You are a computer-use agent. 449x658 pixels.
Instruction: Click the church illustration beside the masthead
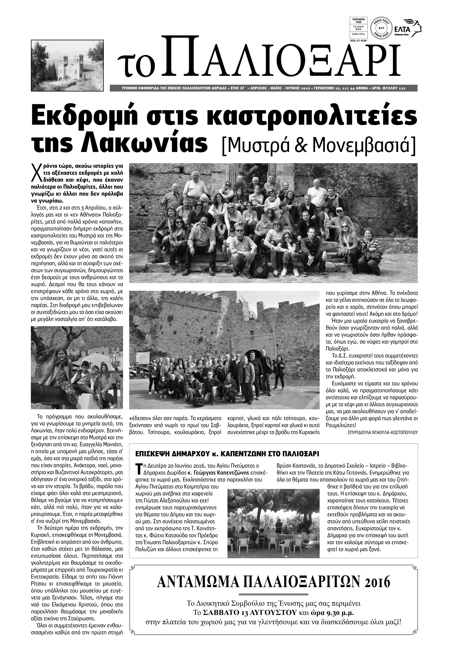click(69, 65)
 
